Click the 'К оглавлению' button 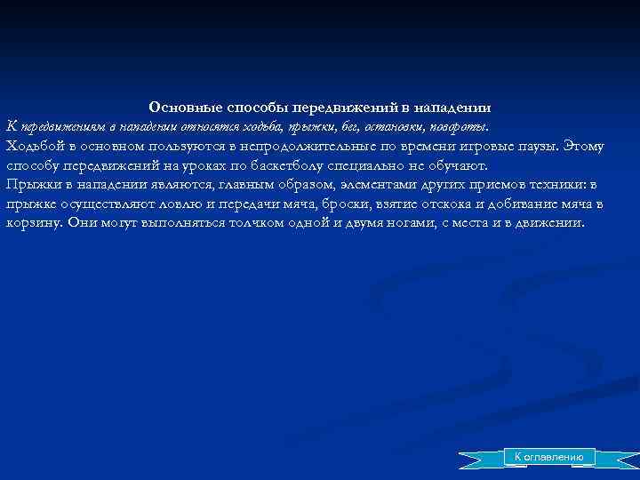pyautogui.click(x=544, y=457)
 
